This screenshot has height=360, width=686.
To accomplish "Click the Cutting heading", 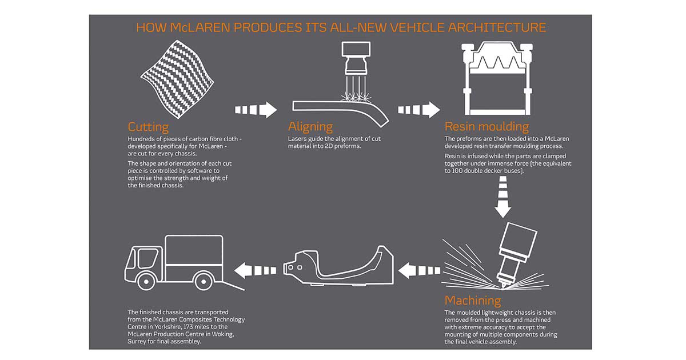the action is pos(148,127).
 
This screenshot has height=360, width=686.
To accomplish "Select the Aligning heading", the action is pos(310,127).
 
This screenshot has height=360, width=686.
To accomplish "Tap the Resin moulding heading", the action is pos(486,126).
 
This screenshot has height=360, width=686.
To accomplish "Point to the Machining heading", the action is pos(473,301).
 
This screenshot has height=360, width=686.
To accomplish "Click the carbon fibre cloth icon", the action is pos(177,79).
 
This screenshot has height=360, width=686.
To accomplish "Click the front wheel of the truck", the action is pos(146,281).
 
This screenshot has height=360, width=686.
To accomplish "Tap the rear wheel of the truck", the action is pos(204,281).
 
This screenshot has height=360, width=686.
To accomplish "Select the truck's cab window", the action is pos(147,259).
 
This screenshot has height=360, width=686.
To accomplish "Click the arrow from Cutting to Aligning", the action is pos(256,110).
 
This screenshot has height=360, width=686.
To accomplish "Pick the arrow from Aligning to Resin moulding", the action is pos(419,110).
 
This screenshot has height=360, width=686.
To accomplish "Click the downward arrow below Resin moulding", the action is pos(503,197).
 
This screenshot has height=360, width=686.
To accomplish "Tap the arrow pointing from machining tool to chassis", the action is pos(419,271).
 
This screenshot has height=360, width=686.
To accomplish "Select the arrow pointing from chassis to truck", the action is pos(255,271).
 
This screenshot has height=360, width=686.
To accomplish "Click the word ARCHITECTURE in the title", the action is pos(497,27).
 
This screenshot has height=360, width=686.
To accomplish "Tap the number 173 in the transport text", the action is pos(188,327).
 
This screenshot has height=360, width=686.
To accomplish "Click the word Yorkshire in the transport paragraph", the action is pos(166,327).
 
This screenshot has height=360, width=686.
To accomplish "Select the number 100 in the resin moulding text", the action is pos(457,170).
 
